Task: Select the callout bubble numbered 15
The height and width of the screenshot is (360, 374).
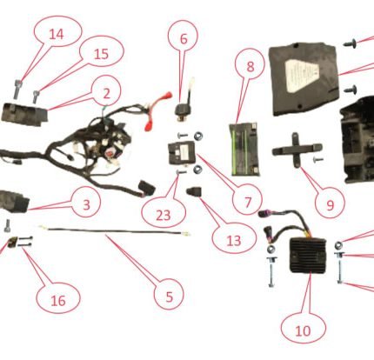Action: pos(101,53)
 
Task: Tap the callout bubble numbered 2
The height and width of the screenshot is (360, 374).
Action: pos(106,93)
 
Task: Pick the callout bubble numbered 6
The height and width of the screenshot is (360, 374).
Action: pos(184,38)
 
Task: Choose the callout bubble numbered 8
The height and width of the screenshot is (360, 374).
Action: pos(250,66)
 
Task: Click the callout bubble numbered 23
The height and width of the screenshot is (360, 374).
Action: pos(164,214)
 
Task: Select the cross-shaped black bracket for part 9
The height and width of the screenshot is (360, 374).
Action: pos(297,150)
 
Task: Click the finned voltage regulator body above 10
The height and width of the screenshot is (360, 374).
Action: pos(309,254)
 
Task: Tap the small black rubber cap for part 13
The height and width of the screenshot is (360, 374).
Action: pos(195,192)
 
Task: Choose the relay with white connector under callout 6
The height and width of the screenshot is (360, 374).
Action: pos(184,101)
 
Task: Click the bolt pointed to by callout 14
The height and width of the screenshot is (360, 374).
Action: pos(17,90)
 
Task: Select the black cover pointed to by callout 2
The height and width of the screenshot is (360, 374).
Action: pos(24,114)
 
